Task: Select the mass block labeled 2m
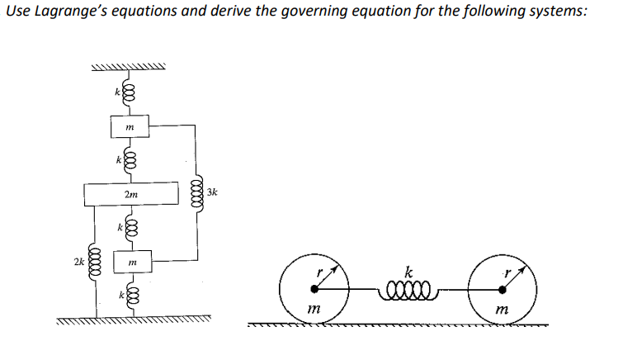click(132, 194)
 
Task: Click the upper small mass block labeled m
click(130, 126)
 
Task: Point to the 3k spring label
click(213, 192)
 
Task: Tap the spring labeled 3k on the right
click(196, 192)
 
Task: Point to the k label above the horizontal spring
click(408, 270)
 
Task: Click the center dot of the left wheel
click(314, 289)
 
